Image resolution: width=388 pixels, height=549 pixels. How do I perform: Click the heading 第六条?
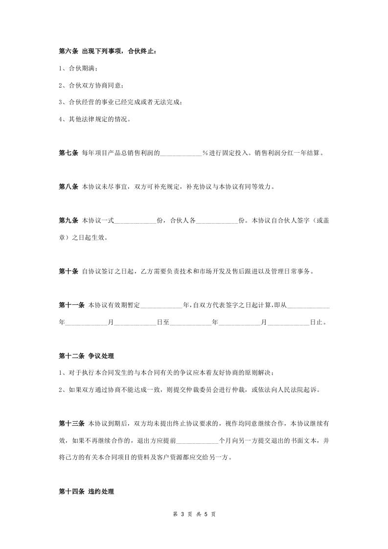(68, 51)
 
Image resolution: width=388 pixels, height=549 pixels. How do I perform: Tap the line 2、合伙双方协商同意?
(91, 85)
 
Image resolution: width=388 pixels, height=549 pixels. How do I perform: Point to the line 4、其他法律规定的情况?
(94, 119)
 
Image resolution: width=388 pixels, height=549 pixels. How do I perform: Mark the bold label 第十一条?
(71, 305)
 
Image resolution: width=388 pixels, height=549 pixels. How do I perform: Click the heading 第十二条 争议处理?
(86, 356)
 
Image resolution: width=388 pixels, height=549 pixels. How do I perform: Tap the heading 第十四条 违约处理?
(86, 491)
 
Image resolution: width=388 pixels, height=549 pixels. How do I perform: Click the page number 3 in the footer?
(182, 514)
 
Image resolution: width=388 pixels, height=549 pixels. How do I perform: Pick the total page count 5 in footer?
(206, 514)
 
